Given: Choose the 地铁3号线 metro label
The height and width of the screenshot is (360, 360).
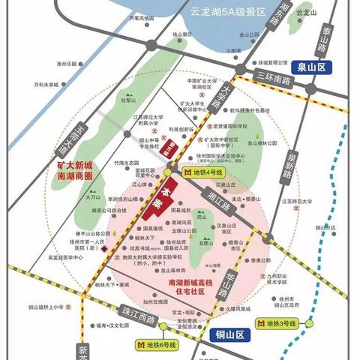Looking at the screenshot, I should tap(280, 325).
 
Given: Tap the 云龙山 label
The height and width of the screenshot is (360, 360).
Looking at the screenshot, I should tap(302, 13).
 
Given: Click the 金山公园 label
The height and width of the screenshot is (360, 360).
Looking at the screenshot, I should tap(248, 34).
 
